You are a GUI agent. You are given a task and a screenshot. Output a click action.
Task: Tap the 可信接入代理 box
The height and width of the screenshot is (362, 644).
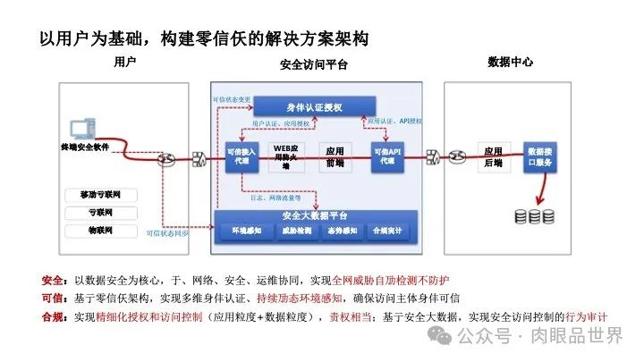tap(241, 156)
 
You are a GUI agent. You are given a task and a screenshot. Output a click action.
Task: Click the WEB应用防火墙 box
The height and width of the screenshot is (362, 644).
tap(288, 156)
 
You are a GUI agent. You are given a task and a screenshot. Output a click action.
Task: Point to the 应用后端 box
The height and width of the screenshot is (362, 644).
tap(492, 156)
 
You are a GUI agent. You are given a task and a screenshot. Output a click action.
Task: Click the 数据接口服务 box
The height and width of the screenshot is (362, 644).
tap(542, 156)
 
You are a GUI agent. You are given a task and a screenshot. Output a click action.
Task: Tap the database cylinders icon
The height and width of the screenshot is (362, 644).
tap(534, 216)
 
